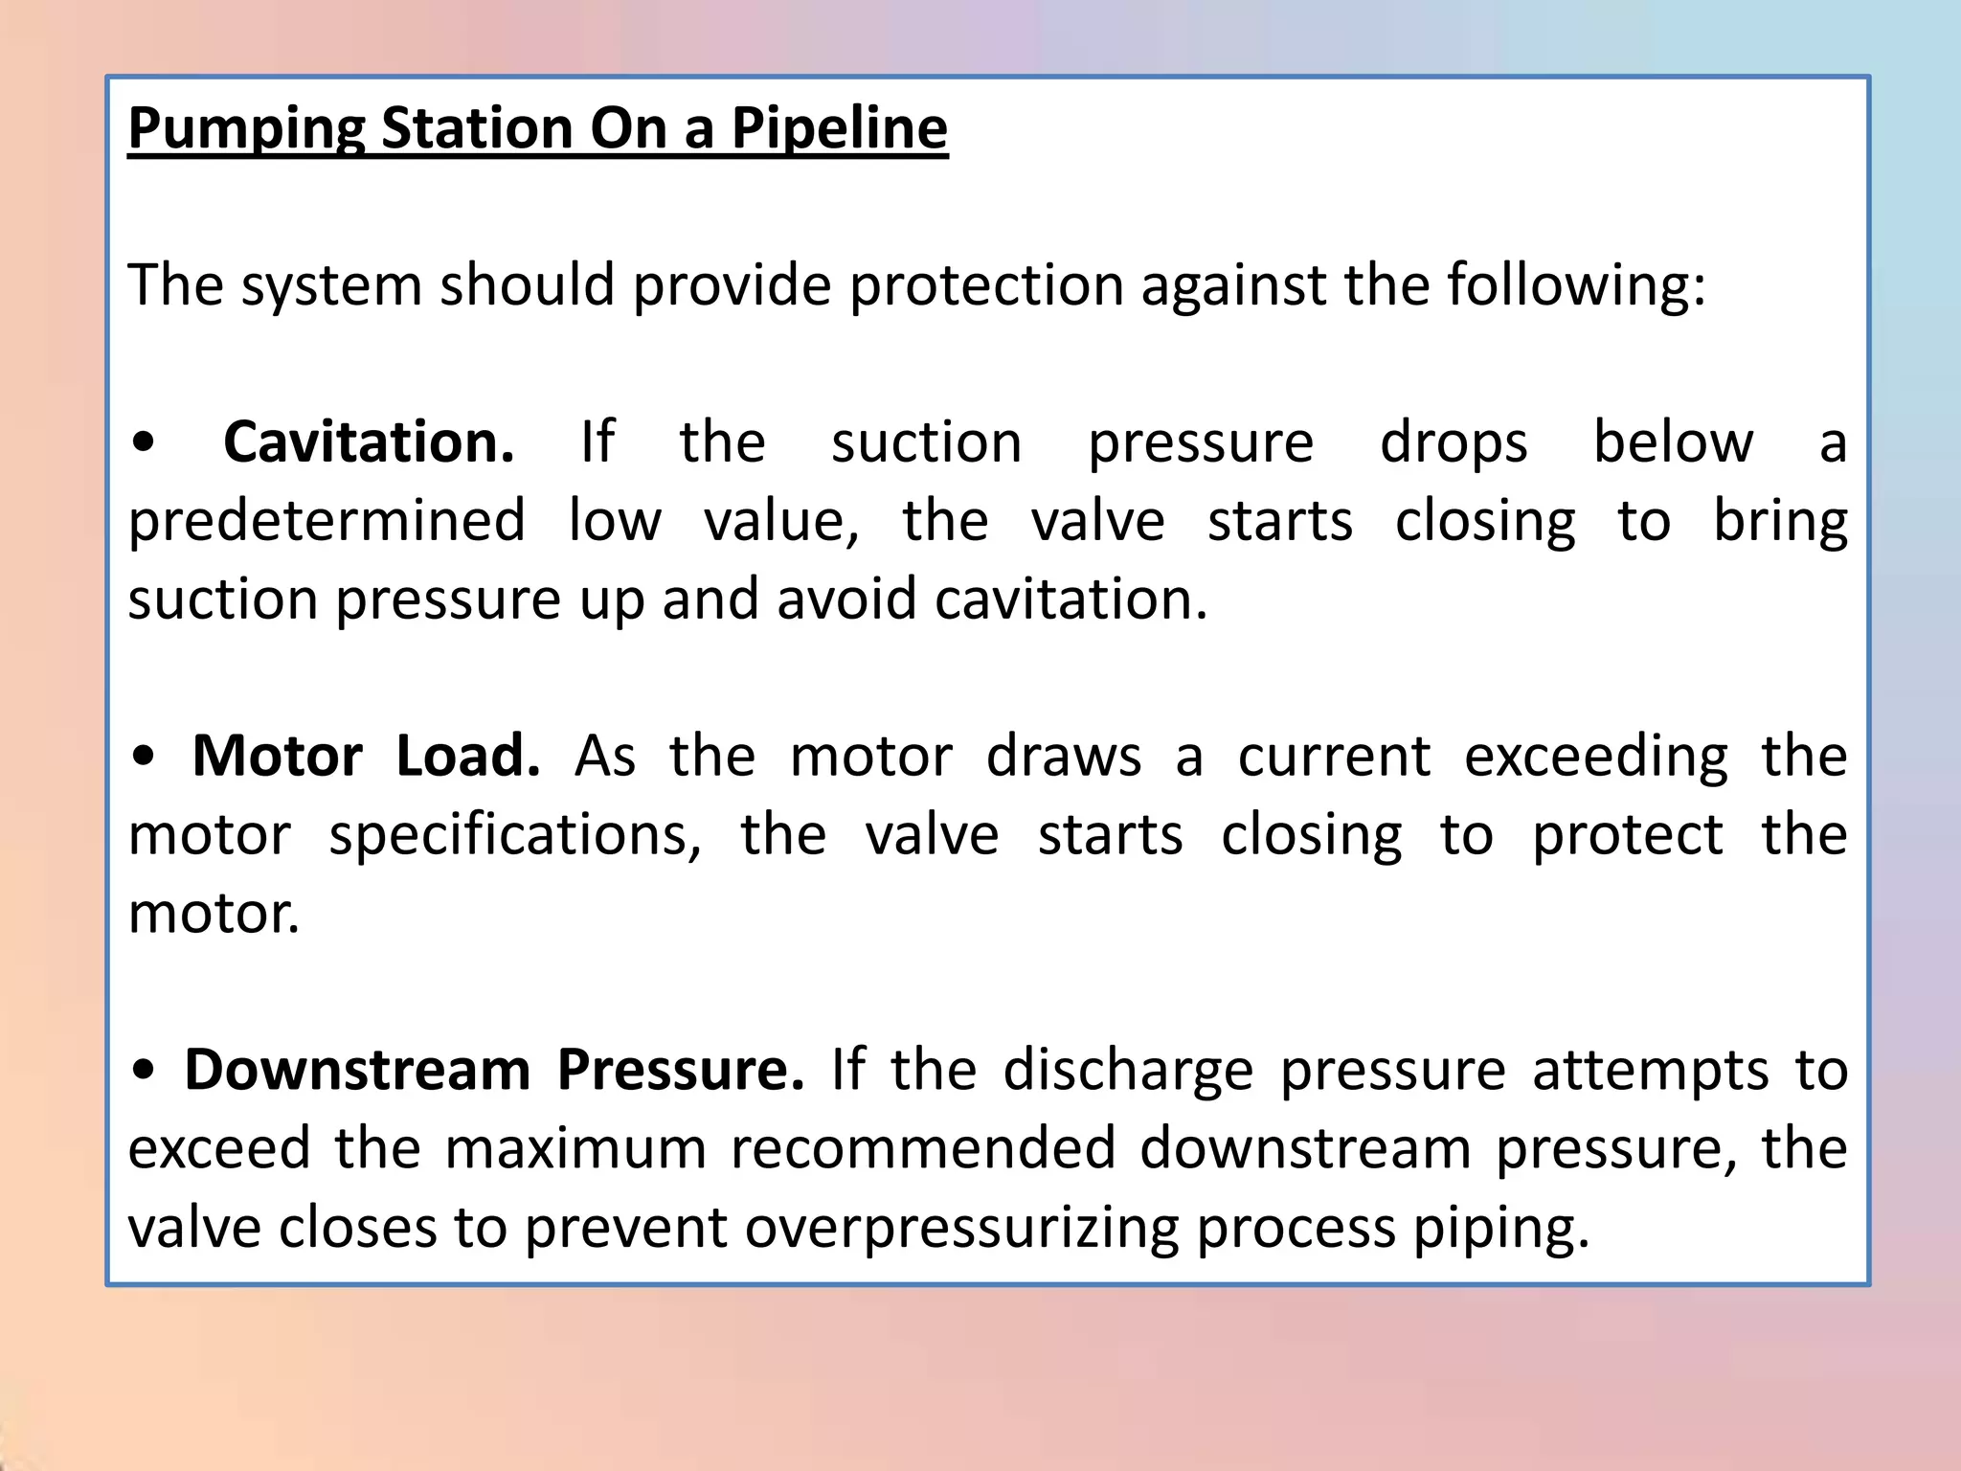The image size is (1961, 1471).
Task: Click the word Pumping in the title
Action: pos(246,128)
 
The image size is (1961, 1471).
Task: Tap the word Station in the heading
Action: pos(476,128)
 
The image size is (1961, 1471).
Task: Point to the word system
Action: pos(330,285)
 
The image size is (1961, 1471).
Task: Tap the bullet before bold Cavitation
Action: pos(143,443)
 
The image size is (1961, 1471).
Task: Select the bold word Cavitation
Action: pos(369,442)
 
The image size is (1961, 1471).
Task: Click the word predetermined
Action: pos(327,522)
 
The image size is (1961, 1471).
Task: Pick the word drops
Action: pos(1454,444)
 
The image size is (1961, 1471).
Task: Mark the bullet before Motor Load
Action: pos(143,758)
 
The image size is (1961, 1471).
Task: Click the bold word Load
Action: pos(468,756)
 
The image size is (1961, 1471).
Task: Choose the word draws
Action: pos(1064,757)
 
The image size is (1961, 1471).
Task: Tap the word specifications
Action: pos(515,836)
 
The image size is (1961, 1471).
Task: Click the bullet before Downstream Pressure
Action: pos(143,1072)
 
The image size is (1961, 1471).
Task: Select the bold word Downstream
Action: pos(357,1070)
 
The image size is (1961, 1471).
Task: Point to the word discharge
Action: pos(1128,1071)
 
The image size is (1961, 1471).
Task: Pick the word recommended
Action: pos(923,1148)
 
